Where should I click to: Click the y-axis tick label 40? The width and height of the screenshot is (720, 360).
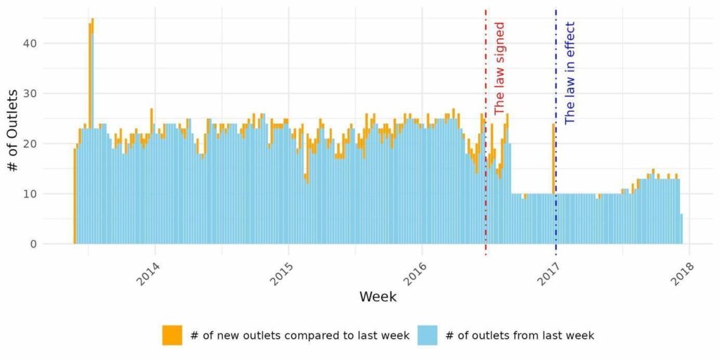tap(28, 43)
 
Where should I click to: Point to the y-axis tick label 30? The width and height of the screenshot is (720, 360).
tap(28, 94)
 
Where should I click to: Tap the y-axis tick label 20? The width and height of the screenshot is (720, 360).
tap(28, 143)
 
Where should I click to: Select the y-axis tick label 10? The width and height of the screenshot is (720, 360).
tap(28, 194)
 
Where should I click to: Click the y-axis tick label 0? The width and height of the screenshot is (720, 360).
tap(32, 244)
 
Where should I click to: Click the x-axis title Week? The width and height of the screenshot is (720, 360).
tap(378, 297)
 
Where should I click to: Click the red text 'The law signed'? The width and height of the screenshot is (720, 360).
tap(499, 68)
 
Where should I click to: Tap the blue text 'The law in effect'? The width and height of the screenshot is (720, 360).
tap(570, 72)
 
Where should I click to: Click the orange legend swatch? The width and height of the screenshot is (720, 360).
tap(172, 335)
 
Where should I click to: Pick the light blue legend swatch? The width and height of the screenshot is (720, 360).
tap(427, 335)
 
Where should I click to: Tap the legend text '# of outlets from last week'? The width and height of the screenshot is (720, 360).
tap(520, 335)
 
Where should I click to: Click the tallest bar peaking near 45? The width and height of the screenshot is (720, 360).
tap(92, 131)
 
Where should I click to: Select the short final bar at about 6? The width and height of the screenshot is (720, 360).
tap(681, 229)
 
